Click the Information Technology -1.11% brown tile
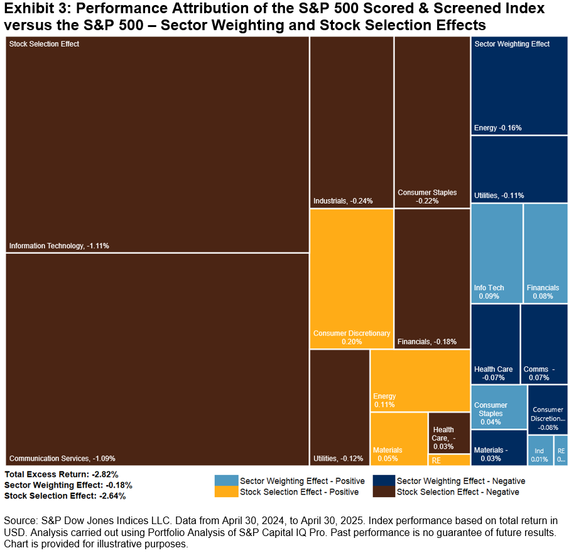point(157,145)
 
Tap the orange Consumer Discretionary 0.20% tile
point(352,279)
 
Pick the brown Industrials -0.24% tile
point(352,122)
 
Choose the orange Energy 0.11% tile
point(420,380)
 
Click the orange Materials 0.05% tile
point(398,438)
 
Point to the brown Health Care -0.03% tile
point(449,433)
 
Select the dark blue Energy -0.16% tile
point(519,85)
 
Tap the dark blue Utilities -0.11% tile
point(519,169)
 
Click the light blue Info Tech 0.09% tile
point(496,253)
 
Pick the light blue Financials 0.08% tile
point(545,253)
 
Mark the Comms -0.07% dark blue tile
point(544,344)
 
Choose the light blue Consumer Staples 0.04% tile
point(499,407)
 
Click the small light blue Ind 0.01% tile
point(540,451)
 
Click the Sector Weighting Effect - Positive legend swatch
point(226,481)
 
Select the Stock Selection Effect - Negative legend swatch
point(383,492)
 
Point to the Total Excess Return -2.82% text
point(62,474)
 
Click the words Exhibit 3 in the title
point(31,9)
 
